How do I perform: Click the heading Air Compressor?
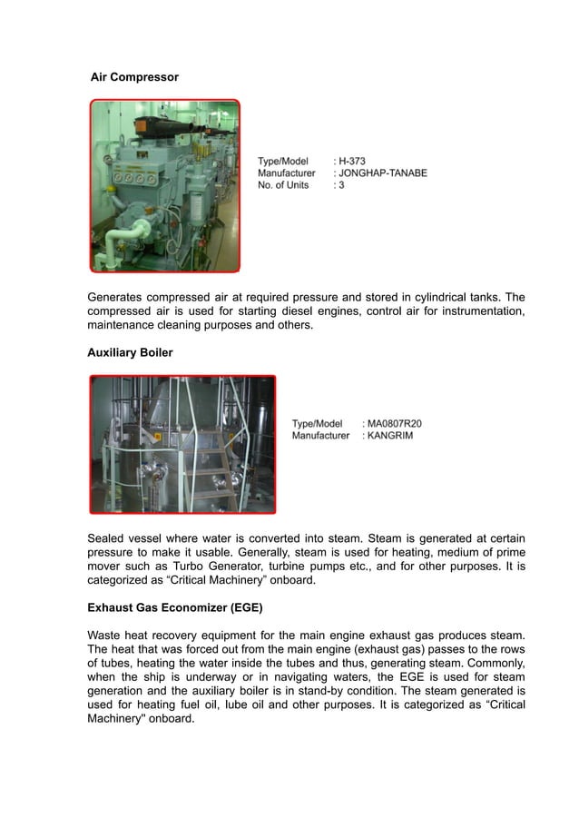(134, 78)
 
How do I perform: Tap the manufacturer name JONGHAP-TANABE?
(383, 172)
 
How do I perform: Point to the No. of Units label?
(283, 185)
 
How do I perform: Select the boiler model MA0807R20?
(394, 423)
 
